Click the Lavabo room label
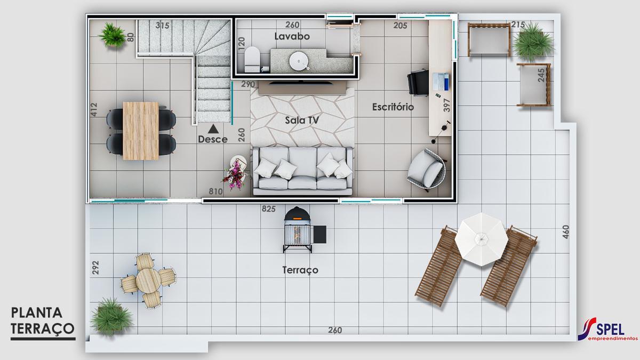click(x=292, y=36)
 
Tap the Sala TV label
click(x=302, y=121)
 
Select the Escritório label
click(x=393, y=107)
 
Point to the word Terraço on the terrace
click(x=300, y=270)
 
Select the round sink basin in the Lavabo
click(x=300, y=62)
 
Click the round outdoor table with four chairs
click(x=148, y=279)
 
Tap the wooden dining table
click(x=141, y=130)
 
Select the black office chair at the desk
click(x=418, y=83)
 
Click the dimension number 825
click(x=268, y=209)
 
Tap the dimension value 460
click(x=566, y=232)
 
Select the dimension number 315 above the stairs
click(x=163, y=25)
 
